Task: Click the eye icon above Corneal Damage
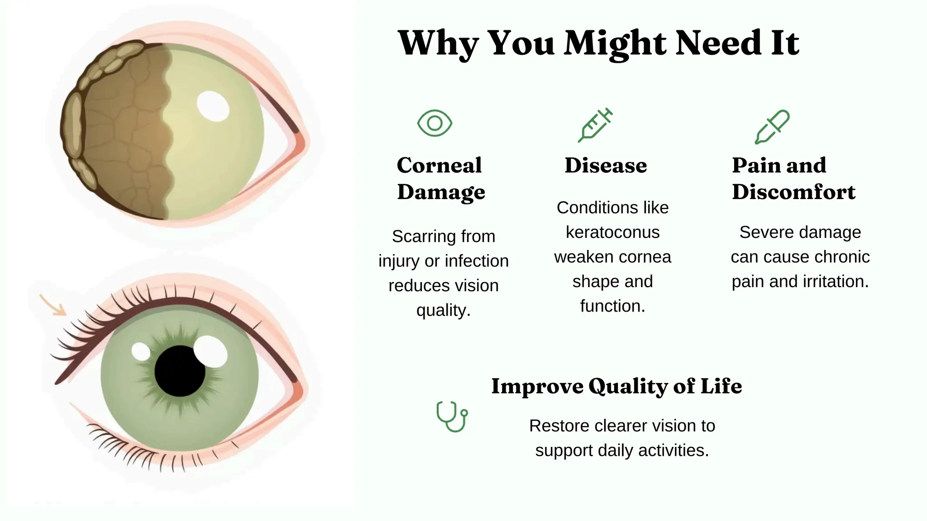[x=435, y=123]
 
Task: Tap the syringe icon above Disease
[x=595, y=125]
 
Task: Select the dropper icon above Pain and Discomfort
[x=772, y=127]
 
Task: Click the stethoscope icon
[x=451, y=416]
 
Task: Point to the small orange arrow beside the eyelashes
[x=53, y=304]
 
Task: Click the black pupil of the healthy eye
[x=179, y=371]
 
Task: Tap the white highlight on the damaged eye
[x=213, y=106]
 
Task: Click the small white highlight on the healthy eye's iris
[x=141, y=351]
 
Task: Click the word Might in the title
[x=615, y=44]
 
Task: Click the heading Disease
[x=606, y=166]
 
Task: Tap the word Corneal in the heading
[x=439, y=166]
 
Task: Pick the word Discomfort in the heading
[x=793, y=192]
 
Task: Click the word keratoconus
[x=612, y=232]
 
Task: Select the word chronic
[x=844, y=257]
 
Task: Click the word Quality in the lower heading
[x=627, y=387]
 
